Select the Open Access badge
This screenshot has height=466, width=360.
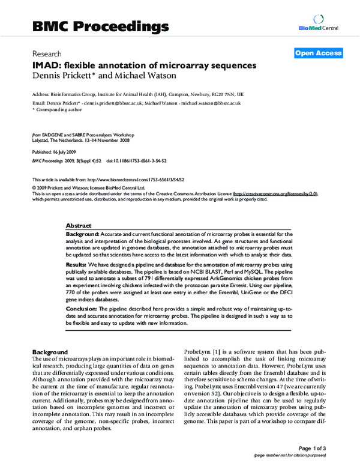(x=319, y=53)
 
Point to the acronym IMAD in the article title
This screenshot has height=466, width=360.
(x=45, y=65)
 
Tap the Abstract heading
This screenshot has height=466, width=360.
(x=78, y=224)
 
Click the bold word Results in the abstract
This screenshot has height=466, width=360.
(x=78, y=265)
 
